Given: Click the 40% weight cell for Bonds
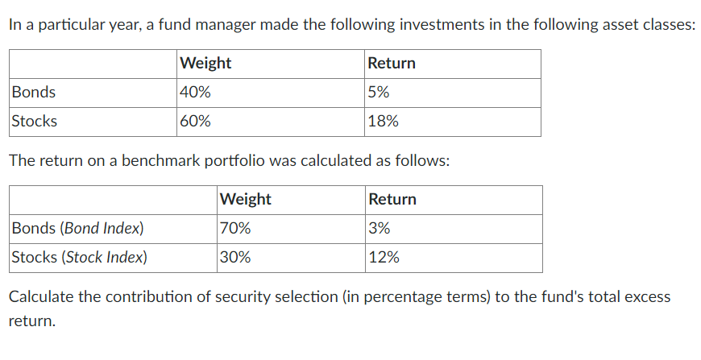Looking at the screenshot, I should click(x=196, y=93).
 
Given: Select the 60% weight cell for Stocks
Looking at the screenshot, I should click(x=196, y=122).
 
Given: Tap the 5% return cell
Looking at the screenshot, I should click(x=379, y=93).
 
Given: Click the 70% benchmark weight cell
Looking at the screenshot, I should click(x=235, y=228).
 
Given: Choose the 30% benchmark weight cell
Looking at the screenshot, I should click(x=235, y=258).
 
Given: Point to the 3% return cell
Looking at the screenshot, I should click(x=380, y=228).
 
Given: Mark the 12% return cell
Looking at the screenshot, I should click(x=384, y=258).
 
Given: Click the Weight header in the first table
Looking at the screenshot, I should click(x=205, y=63).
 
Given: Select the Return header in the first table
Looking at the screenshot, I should click(x=392, y=63).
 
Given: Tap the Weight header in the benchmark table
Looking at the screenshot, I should click(x=246, y=199).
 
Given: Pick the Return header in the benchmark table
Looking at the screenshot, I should click(x=392, y=199).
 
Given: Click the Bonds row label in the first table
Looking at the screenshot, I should click(x=34, y=93).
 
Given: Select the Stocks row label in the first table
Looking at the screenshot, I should click(x=35, y=122).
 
